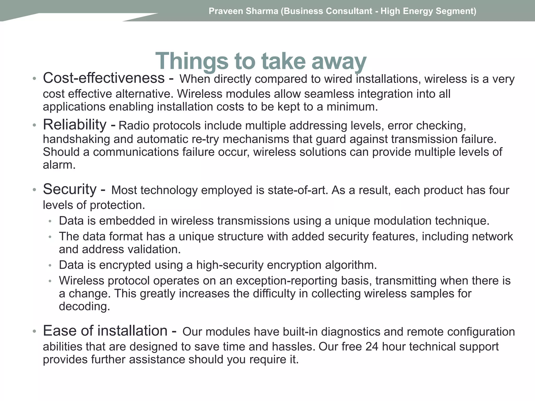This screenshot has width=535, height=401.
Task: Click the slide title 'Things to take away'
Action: tap(261, 61)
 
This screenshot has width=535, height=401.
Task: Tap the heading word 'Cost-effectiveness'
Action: tap(104, 78)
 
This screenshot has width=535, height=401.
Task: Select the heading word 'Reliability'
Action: tap(74, 125)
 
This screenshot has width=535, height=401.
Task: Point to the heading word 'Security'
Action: tap(70, 189)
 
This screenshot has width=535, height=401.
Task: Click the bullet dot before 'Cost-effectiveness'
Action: tap(34, 79)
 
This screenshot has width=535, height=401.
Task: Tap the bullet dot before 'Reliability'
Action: tap(34, 126)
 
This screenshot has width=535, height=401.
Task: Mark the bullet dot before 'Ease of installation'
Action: tap(34, 332)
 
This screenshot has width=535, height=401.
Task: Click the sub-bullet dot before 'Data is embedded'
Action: tap(50, 221)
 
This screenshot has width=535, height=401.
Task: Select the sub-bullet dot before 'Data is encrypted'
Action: tap(50, 266)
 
